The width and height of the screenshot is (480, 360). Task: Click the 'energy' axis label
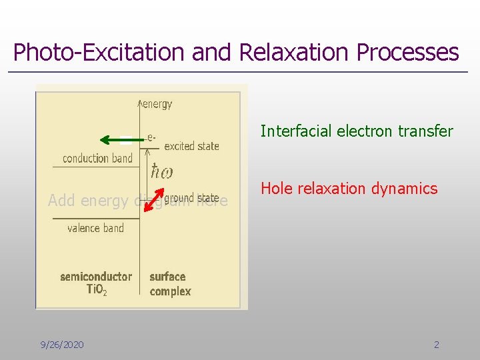pyautogui.click(x=158, y=104)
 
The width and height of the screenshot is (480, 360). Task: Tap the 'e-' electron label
pyautogui.click(x=152, y=137)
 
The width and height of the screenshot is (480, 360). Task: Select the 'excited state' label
pyautogui.click(x=191, y=146)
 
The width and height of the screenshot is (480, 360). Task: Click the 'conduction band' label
pyautogui.click(x=97, y=158)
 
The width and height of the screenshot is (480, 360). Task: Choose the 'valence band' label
pyautogui.click(x=95, y=228)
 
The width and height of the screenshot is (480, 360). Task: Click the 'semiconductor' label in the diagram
pyautogui.click(x=96, y=276)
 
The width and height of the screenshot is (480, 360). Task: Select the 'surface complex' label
pyautogui.click(x=170, y=284)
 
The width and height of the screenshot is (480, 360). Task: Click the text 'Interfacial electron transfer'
pyautogui.click(x=357, y=131)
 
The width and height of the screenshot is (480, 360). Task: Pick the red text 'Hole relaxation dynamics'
pyautogui.click(x=349, y=189)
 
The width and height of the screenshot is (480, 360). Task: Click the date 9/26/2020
pyautogui.click(x=62, y=345)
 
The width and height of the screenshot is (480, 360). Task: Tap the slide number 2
pyautogui.click(x=437, y=345)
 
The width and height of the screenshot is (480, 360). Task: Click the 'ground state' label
pyautogui.click(x=191, y=198)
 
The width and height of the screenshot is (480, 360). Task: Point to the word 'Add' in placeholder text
pyautogui.click(x=61, y=201)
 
